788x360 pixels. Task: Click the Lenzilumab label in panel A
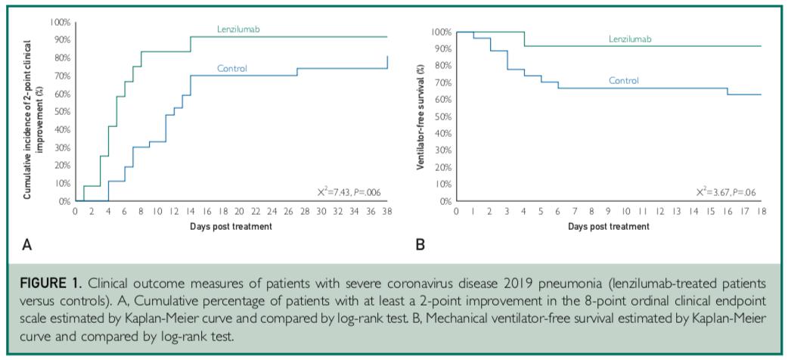(x=238, y=29)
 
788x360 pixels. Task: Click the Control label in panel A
(x=232, y=69)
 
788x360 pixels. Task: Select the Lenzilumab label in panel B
(x=630, y=39)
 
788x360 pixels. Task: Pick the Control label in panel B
(x=624, y=80)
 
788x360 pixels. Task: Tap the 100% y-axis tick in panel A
(x=60, y=22)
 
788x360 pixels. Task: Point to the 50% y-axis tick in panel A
(x=61, y=112)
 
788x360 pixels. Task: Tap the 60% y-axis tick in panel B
(x=442, y=99)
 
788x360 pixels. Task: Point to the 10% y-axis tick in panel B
(x=442, y=185)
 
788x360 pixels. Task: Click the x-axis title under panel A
(x=231, y=226)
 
